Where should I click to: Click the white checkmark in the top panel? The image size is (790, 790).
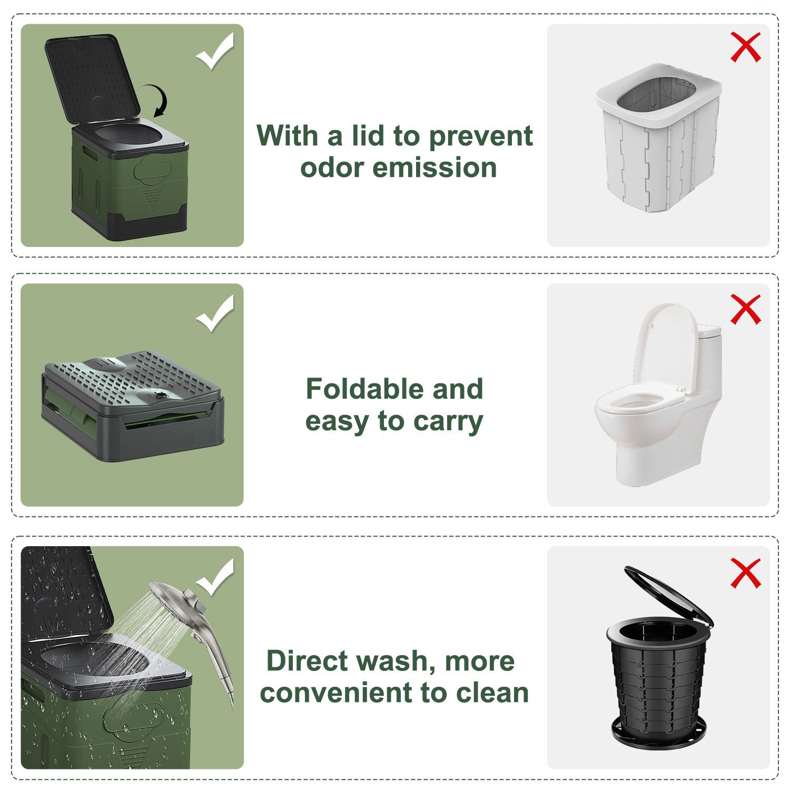pyautogui.click(x=215, y=52)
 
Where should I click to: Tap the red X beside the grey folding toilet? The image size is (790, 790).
pyautogui.click(x=746, y=47)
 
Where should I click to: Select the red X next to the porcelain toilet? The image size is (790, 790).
pyautogui.click(x=746, y=309)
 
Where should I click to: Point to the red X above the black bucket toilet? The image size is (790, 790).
pyautogui.click(x=746, y=572)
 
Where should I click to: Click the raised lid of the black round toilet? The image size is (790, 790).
pyautogui.click(x=669, y=595)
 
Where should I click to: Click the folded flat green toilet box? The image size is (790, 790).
pyautogui.click(x=133, y=406)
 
